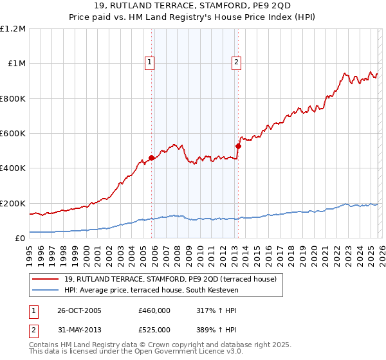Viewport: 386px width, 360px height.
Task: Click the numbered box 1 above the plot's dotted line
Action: [x=149, y=62]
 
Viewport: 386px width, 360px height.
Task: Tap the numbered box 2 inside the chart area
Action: [x=236, y=62]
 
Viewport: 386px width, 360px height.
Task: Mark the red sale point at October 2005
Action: [x=152, y=157]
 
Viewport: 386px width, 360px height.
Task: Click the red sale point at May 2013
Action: [x=238, y=146]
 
